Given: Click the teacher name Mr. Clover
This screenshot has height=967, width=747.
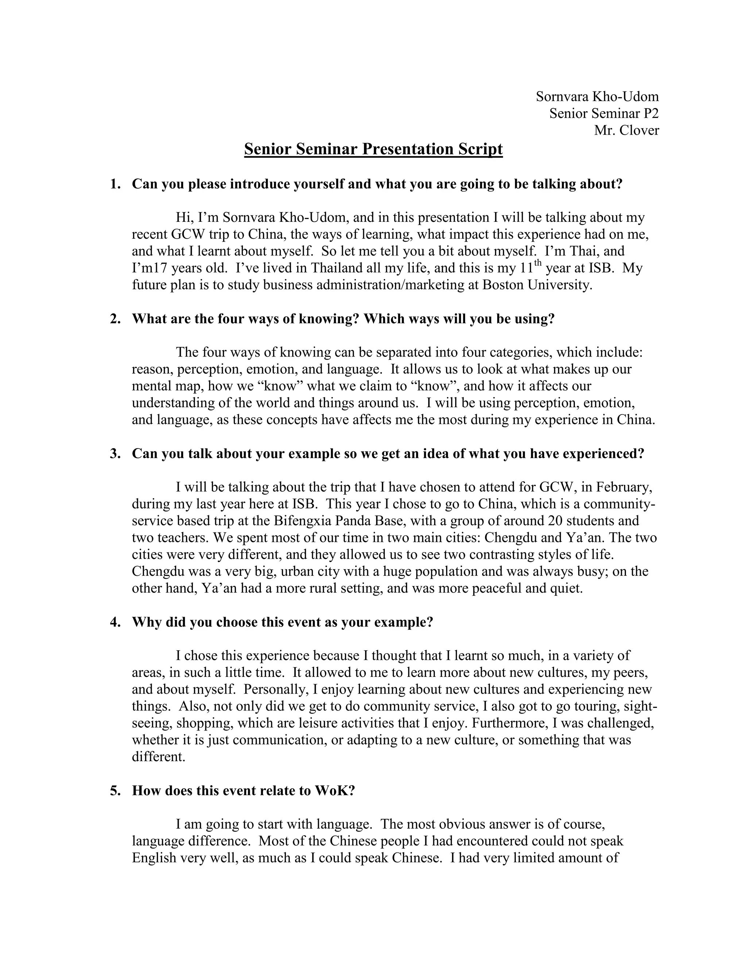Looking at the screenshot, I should click(x=626, y=131).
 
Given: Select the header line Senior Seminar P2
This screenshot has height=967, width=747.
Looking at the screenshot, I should click(x=604, y=114).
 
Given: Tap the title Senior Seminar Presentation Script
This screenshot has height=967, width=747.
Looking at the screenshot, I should click(x=373, y=149).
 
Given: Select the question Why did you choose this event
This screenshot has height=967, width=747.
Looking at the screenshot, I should click(x=282, y=623).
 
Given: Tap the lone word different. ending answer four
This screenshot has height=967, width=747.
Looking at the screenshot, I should click(x=158, y=757).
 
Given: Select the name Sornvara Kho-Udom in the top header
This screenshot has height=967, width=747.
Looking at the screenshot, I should click(x=597, y=97).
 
